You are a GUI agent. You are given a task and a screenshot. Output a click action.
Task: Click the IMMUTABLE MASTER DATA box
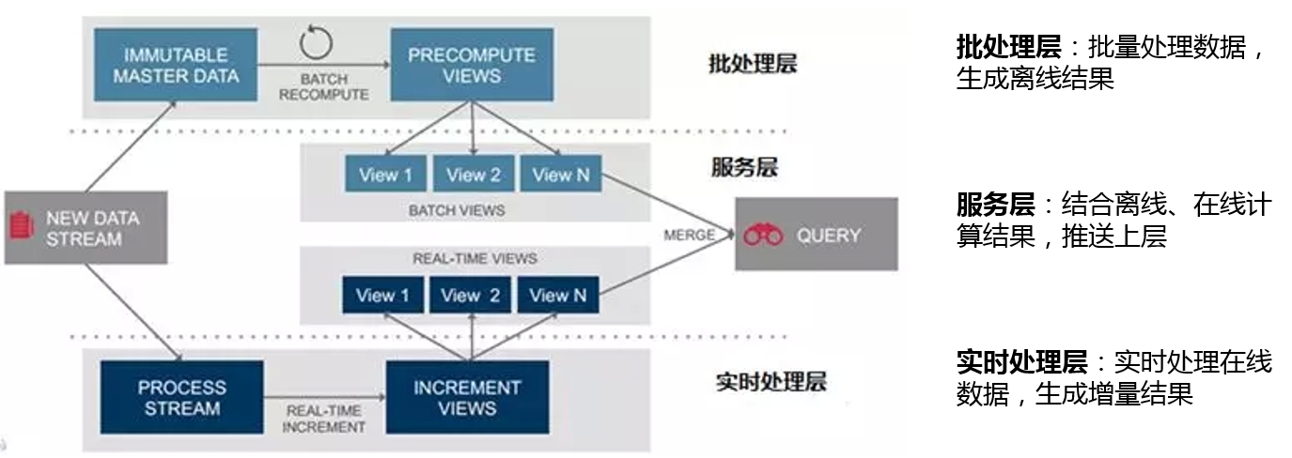point(177,65)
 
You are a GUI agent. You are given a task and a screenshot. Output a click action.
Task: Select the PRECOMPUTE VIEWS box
point(471,65)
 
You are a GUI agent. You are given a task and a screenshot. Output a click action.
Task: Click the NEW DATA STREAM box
point(86,228)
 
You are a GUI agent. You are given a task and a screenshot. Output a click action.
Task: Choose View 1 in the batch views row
point(385,176)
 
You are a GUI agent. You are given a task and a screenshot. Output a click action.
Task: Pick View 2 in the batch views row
point(473,176)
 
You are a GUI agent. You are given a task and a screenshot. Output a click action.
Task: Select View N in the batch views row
point(559,176)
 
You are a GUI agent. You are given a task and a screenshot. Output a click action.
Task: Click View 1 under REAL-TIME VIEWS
point(382,296)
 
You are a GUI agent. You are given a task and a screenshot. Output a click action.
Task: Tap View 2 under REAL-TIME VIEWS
point(471,296)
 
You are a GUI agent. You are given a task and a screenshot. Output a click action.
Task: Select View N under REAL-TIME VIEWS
point(558,296)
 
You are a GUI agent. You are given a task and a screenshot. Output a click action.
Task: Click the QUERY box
point(816,235)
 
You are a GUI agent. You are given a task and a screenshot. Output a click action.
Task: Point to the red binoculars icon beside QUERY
point(763,236)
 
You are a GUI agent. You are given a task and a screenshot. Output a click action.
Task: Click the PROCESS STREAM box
point(181,398)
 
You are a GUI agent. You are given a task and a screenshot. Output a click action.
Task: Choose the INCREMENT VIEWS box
point(467,398)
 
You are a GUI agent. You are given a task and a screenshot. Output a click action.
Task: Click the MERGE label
point(689,235)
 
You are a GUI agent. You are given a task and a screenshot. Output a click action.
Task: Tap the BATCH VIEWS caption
point(457,211)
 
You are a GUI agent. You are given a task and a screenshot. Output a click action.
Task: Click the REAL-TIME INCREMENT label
point(325,419)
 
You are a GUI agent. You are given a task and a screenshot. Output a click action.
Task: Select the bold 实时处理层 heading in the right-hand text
point(1021,361)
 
